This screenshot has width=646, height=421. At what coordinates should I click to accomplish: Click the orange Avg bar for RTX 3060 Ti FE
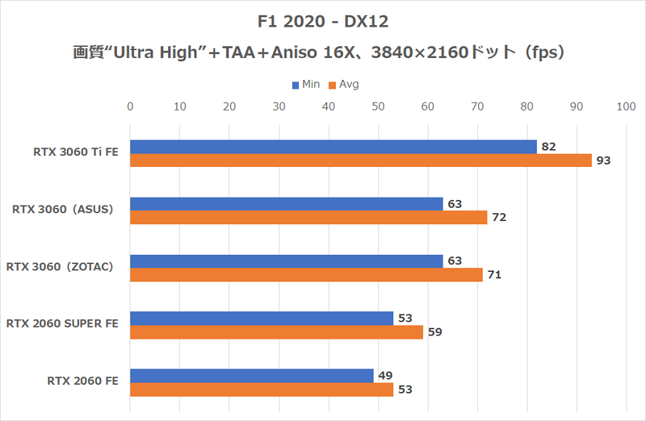point(360,160)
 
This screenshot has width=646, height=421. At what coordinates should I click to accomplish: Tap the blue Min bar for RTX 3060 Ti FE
point(333,146)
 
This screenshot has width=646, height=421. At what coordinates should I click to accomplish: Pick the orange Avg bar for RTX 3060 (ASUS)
point(308,218)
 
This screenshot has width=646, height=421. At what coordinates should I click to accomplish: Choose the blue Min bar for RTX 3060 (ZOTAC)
point(286,261)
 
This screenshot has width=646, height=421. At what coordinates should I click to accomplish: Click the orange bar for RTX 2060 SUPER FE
point(276,332)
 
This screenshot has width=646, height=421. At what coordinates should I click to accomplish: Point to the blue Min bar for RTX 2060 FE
point(251,375)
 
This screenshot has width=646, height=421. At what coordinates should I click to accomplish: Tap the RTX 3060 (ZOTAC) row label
point(65,267)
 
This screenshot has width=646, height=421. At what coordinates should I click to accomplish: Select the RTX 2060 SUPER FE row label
point(62,324)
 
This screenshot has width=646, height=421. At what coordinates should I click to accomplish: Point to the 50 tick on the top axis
point(378,106)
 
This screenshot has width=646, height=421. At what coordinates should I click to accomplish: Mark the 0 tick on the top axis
point(130,106)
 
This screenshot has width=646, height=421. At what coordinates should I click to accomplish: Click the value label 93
point(603,160)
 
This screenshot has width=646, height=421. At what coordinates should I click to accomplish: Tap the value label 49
point(384,375)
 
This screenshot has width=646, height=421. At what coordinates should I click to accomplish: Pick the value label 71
point(494,275)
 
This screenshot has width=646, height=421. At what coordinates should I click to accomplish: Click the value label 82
point(548,146)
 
